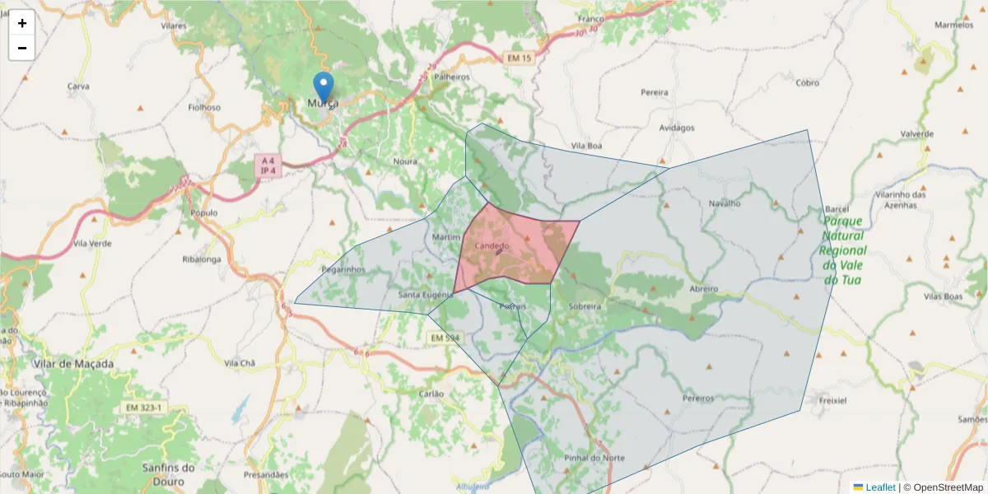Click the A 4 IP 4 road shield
[x=267, y=165]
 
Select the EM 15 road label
[x=518, y=58]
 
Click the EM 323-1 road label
[x=144, y=408]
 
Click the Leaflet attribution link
[x=880, y=487]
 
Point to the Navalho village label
[x=725, y=203]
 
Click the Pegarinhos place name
[x=343, y=269]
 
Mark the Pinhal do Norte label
[x=594, y=458]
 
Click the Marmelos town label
[x=953, y=25]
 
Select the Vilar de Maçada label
[x=73, y=363]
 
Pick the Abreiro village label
[x=704, y=289]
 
